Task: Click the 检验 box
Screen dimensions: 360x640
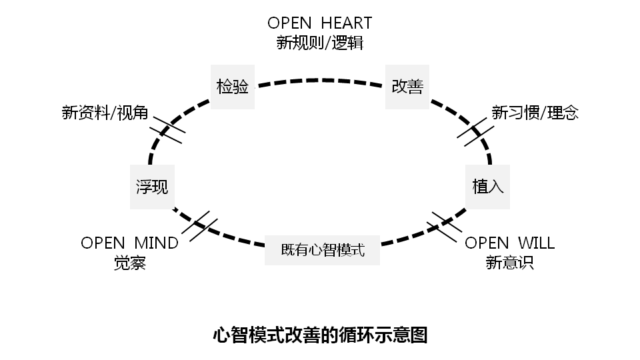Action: point(233,87)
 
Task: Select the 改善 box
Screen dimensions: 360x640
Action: point(407,87)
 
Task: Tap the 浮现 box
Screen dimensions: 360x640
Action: point(152,187)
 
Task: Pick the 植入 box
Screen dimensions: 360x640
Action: point(488,187)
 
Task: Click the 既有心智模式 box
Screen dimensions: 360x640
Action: point(322,251)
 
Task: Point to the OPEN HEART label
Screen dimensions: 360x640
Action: point(320,23)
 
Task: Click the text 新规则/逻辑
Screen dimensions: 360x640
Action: point(320,43)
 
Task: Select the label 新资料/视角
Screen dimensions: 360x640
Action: point(105,113)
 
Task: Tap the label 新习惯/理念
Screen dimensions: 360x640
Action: point(535,113)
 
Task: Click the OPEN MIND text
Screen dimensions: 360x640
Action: point(129,243)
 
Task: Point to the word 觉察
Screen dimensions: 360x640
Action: point(129,263)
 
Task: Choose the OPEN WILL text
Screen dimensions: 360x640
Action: point(509,243)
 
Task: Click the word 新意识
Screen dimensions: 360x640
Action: point(509,263)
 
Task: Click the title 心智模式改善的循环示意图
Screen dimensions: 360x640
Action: point(320,334)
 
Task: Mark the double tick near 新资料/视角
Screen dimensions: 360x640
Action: point(167,131)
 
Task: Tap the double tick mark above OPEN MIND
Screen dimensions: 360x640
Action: point(199,227)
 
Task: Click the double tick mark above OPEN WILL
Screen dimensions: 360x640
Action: point(443,227)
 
